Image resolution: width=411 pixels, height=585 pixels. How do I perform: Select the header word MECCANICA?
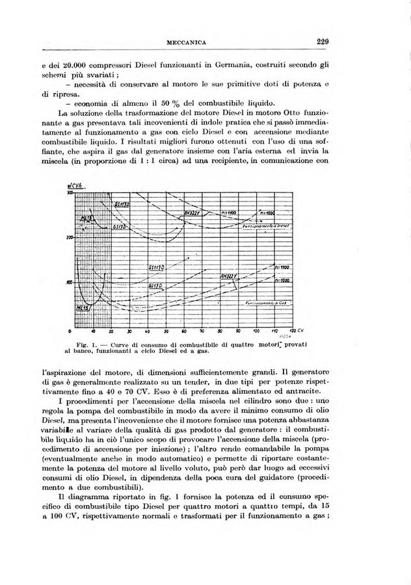[x=187, y=43]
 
